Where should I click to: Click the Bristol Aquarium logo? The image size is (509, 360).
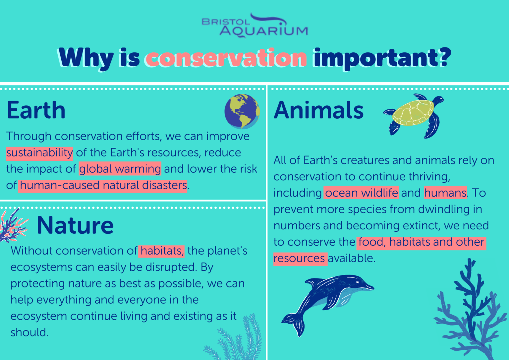tap(255, 26)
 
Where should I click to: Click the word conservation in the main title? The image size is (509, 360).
tap(226, 58)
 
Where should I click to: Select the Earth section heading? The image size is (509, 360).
tap(36, 110)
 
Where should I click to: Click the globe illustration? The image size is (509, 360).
tap(242, 111)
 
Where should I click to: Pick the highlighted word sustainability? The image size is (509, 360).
tap(39, 153)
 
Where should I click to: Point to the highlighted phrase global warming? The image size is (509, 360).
tap(120, 169)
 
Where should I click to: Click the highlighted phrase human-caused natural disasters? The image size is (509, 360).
tap(103, 185)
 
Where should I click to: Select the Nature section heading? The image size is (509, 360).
tap(75, 225)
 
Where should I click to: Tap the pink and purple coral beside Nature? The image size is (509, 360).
tap(13, 225)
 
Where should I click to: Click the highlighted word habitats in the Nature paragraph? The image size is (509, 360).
tap(162, 251)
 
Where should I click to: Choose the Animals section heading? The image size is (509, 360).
tap(319, 110)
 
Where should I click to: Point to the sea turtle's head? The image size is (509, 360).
tap(438, 99)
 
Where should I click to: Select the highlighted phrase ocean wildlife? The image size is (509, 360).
tap(361, 193)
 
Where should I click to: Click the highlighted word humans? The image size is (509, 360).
tap(445, 193)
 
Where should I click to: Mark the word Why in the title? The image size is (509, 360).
tap(86, 58)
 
